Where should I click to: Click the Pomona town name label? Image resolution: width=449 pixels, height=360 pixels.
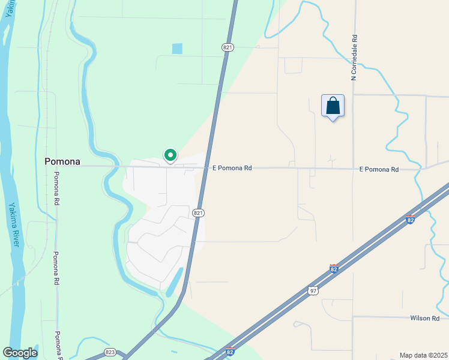coord(62,161)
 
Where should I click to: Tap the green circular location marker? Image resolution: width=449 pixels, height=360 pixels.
coord(170,155)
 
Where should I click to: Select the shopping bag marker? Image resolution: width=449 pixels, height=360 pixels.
coord(333,106)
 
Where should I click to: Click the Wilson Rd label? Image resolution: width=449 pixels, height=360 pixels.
coord(425,318)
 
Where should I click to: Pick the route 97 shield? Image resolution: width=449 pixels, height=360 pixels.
coord(313,290)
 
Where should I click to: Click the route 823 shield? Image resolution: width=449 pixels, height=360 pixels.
coord(110,352)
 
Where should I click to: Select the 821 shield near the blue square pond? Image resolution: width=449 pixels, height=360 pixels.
coord(227,47)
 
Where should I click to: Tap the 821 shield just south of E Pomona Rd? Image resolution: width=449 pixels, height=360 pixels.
coord(199,213)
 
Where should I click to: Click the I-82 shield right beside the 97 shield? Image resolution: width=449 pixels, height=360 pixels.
coord(334,268)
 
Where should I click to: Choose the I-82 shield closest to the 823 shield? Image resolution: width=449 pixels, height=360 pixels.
coord(229,352)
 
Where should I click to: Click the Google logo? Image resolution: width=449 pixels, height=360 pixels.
coord(20,353)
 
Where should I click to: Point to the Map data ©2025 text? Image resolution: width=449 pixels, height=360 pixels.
coord(423,355)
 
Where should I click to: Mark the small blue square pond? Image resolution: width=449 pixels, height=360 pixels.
coord(177,49)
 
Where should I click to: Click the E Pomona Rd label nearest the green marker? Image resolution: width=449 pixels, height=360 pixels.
coord(232,169)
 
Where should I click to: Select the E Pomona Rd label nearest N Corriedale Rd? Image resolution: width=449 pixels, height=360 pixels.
coord(379,170)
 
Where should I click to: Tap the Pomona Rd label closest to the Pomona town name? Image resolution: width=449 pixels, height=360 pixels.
coord(56,189)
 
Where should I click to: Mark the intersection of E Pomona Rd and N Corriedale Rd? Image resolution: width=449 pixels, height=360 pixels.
coord(353,169)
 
